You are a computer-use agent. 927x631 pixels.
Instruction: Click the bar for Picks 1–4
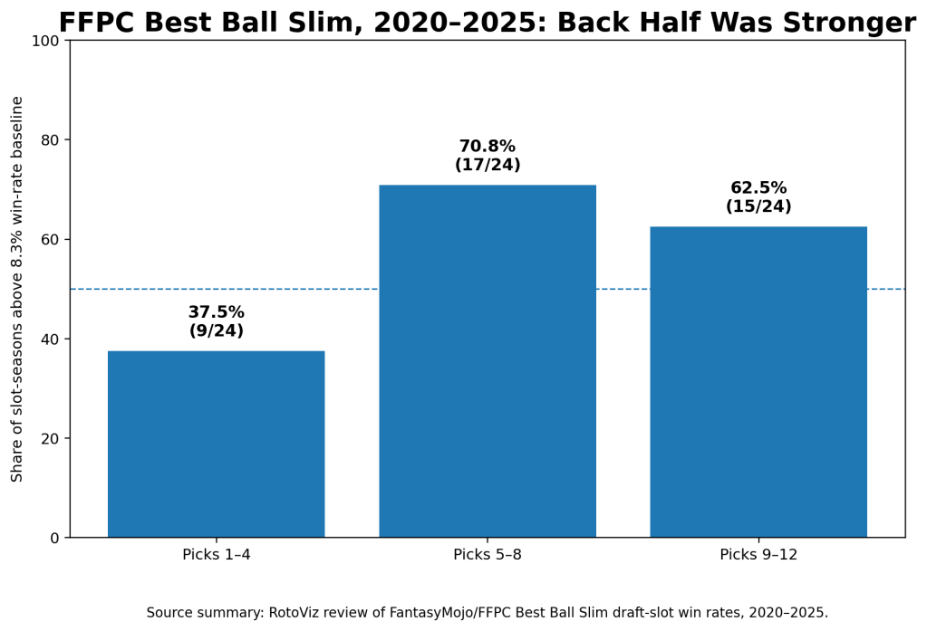pos(217,445)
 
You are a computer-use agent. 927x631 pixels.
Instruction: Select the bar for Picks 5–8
pos(488,361)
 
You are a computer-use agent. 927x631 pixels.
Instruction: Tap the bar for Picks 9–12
pos(758,382)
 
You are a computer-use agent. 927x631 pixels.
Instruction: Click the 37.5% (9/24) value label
pos(217,321)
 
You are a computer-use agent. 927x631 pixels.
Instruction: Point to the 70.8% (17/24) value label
pos(488,156)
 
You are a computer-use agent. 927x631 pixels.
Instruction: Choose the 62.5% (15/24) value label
pos(758,196)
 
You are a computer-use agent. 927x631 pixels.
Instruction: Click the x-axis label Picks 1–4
pos(217,555)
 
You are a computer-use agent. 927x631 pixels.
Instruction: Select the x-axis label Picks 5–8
pos(488,555)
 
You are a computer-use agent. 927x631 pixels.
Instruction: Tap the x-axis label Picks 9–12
pos(758,555)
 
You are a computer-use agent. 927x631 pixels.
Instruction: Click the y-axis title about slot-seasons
pos(16,289)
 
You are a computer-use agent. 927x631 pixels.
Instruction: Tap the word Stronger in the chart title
pos(850,23)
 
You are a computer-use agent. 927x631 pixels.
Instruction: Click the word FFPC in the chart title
pos(96,23)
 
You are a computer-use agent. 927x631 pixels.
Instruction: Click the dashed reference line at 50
pos(488,289)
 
